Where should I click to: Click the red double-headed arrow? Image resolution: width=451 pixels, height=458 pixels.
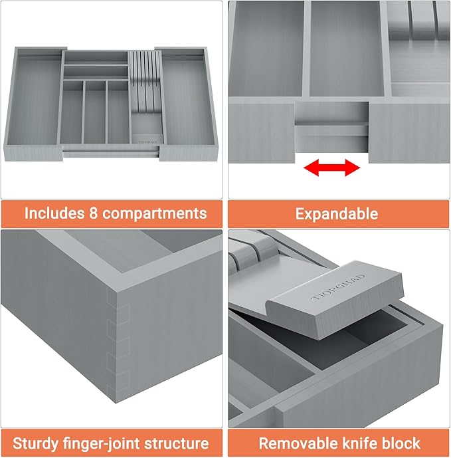point(331,169)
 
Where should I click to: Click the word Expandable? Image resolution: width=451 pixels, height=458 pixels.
point(337,214)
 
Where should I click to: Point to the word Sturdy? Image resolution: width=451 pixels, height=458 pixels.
point(39,443)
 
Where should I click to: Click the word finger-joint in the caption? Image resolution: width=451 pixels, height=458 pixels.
point(106,443)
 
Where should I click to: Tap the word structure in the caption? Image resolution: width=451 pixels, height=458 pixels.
point(176,443)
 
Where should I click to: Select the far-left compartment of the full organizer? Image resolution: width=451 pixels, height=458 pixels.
point(38,100)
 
